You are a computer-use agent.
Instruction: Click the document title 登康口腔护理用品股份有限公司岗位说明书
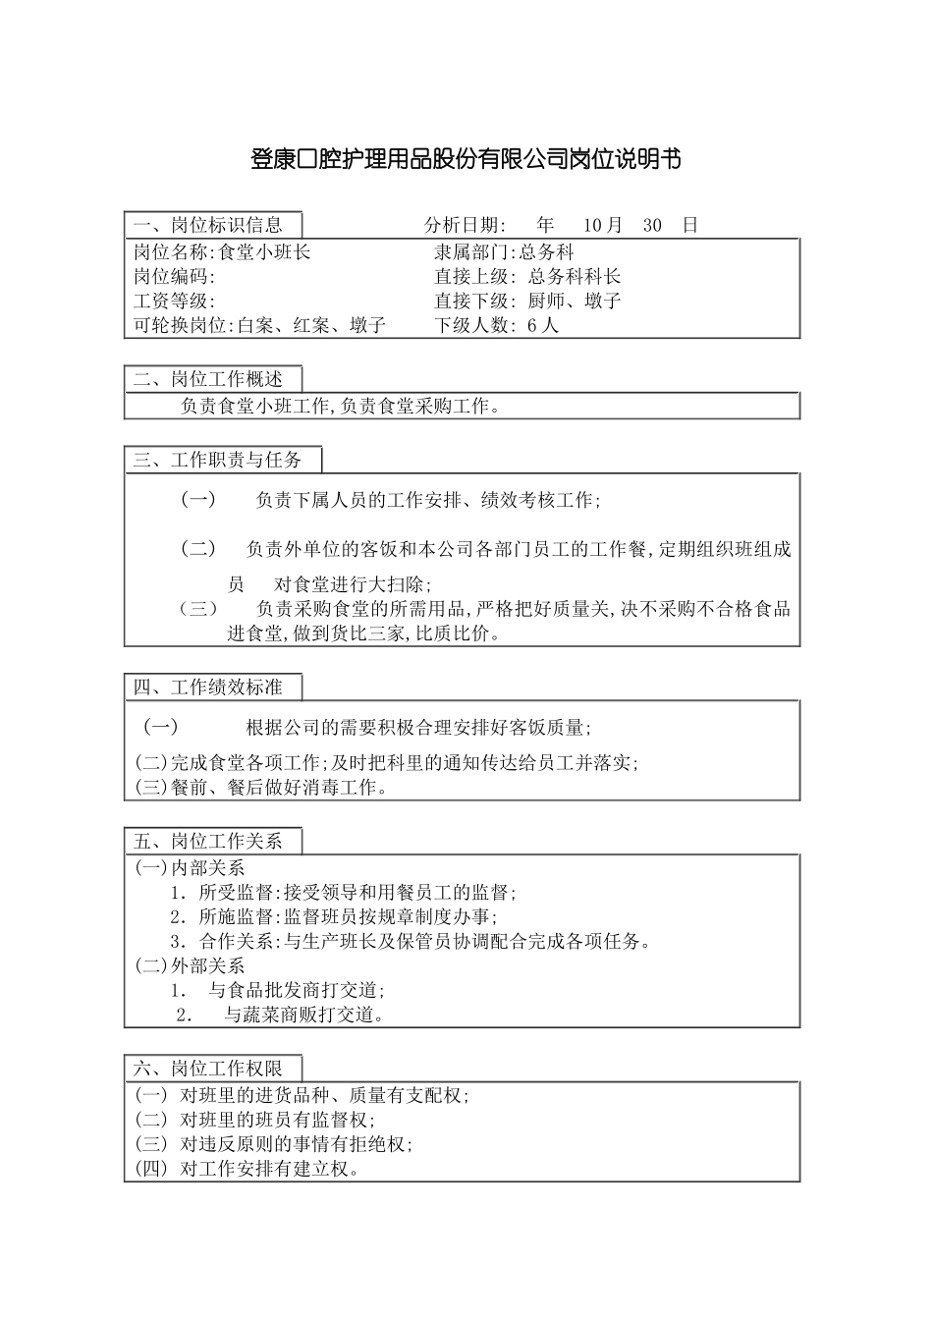coord(466,159)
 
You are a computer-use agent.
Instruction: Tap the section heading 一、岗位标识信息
coord(208,225)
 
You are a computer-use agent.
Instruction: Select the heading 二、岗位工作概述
coord(208,379)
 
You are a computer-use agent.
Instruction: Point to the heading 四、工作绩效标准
coord(208,687)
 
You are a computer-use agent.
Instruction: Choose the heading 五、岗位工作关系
coord(208,842)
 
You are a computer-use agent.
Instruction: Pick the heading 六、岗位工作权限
coord(208,1069)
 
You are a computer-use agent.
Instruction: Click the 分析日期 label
coord(466,225)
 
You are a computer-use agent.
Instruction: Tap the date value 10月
coord(603,225)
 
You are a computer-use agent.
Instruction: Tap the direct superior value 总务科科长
coord(575,277)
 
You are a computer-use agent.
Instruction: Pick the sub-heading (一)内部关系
coord(190,868)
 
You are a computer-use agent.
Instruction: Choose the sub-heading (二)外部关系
coord(190,966)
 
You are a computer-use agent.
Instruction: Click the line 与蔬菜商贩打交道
coord(304,1016)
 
